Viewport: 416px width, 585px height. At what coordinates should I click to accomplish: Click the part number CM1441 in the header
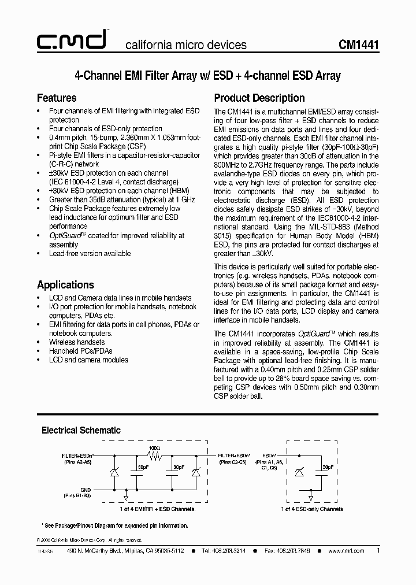(x=358, y=45)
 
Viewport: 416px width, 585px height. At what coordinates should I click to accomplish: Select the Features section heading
(x=57, y=98)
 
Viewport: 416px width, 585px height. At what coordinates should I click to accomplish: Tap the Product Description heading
(x=259, y=98)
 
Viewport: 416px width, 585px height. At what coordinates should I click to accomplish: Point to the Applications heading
(x=65, y=284)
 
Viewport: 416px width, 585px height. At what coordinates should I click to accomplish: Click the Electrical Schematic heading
(x=81, y=430)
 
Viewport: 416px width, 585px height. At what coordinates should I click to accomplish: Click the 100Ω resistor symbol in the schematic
(x=154, y=456)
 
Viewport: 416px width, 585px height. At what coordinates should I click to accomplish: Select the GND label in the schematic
(x=86, y=490)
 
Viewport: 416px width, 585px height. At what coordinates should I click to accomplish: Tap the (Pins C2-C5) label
(x=234, y=462)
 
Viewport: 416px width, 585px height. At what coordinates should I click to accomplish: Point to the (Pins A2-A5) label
(x=77, y=462)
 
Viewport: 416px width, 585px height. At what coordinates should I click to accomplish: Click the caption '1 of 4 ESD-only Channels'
(x=312, y=509)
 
